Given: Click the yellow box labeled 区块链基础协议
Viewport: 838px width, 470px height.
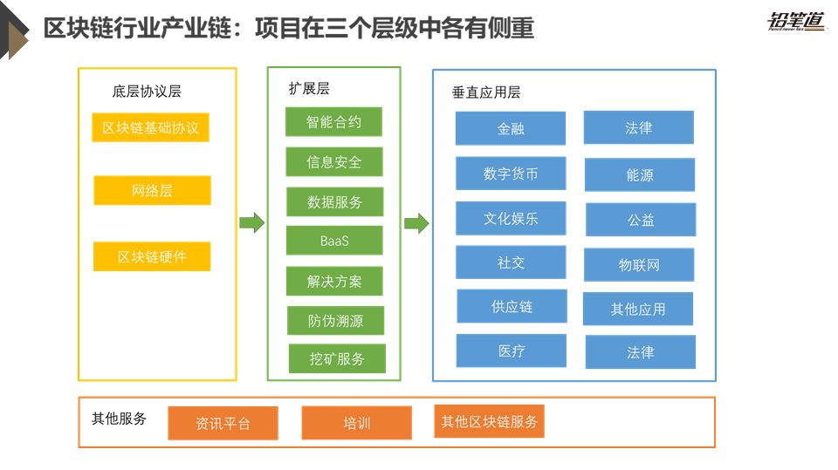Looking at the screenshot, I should click(150, 128).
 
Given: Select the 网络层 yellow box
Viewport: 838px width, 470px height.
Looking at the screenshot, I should click(152, 191).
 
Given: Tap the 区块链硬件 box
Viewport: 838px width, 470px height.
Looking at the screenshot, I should click(152, 257).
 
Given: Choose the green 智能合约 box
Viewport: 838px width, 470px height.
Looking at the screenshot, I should click(333, 122).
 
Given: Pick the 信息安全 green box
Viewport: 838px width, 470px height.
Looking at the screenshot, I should click(333, 162).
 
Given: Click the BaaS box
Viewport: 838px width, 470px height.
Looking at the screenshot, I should click(334, 241).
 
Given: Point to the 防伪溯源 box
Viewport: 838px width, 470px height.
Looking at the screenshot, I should click(335, 321).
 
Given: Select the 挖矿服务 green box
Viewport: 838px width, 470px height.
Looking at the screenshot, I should click(337, 358).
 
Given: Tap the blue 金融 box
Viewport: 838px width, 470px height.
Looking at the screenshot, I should click(510, 129).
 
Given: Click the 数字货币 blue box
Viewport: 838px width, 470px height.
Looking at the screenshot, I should click(511, 174).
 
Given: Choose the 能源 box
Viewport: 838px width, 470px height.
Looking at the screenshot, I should click(640, 175).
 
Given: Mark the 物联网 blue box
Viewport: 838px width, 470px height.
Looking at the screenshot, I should click(639, 265).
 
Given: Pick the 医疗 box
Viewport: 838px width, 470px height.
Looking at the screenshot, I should click(512, 351).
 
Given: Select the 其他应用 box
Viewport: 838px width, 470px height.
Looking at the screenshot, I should click(638, 309).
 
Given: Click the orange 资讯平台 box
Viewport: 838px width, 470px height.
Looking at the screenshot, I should click(223, 424).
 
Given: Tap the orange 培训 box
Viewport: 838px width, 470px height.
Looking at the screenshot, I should click(356, 423).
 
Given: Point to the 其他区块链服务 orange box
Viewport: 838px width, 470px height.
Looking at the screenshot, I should click(489, 421).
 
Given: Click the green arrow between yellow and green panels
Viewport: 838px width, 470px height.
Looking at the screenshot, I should click(251, 223).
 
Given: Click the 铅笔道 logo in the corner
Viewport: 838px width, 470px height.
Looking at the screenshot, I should click(796, 22).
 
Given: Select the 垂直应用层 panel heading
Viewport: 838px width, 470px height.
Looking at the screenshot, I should click(486, 92).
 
